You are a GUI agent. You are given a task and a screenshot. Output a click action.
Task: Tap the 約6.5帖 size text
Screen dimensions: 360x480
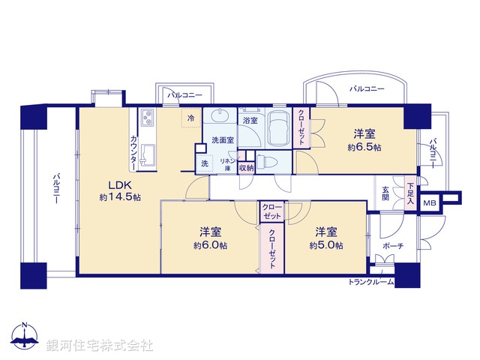tap(364, 148)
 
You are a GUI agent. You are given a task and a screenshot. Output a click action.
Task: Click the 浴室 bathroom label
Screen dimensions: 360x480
tap(248, 120)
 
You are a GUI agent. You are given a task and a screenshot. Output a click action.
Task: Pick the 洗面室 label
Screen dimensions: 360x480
tap(222, 139)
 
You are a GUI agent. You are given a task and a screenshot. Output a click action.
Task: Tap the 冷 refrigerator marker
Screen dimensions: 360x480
tap(190, 118)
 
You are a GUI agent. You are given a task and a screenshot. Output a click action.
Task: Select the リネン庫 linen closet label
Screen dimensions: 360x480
tap(227, 165)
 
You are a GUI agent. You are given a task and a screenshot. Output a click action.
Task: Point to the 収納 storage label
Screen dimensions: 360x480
tap(246, 167)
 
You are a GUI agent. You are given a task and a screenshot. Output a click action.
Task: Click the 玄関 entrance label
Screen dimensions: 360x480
tap(385, 193)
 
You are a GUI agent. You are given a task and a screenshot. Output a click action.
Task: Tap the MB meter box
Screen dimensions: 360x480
tap(430, 202)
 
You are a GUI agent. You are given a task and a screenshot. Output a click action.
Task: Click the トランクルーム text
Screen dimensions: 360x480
tap(371, 282)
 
